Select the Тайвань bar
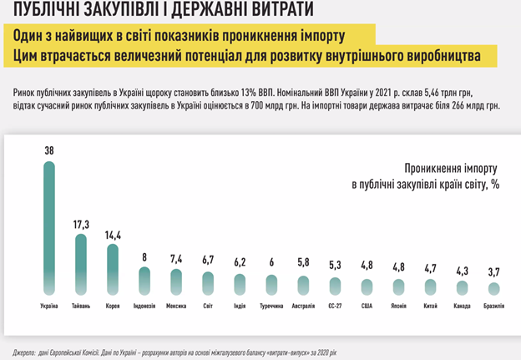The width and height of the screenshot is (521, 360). click(x=81, y=263)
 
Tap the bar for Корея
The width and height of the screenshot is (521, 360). click(x=112, y=269)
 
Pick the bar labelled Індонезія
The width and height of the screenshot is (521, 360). click(x=144, y=281)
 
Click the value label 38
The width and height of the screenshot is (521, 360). click(x=49, y=150)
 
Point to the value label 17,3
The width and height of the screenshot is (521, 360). click(x=81, y=225)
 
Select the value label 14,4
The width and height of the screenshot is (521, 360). click(x=113, y=236)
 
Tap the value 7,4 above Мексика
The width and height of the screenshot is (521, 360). click(x=176, y=260)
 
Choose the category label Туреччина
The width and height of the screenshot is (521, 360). click(x=272, y=307)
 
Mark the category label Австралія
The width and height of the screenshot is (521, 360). click(x=304, y=307)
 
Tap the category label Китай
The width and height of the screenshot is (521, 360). click(x=431, y=307)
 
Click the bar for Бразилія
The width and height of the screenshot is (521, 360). click(x=494, y=289)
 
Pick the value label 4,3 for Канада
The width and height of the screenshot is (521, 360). click(x=463, y=271)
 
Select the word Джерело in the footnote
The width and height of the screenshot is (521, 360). click(x=28, y=351)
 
